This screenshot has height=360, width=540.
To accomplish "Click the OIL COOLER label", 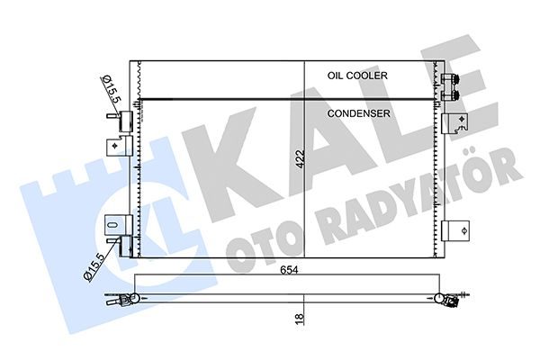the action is pos(357,76).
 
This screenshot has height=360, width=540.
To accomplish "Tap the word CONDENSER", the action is pos(358,113).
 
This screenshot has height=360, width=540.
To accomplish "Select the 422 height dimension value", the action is pos(301,158).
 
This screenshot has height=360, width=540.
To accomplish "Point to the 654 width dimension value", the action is pos(289,270).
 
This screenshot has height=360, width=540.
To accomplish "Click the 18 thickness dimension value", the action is pos(300,318).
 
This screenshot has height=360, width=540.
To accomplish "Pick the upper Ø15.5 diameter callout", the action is pos(112,90).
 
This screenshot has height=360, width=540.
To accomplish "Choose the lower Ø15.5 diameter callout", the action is pos(94,266).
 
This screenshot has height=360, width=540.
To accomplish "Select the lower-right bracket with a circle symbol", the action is pos(454,230).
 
